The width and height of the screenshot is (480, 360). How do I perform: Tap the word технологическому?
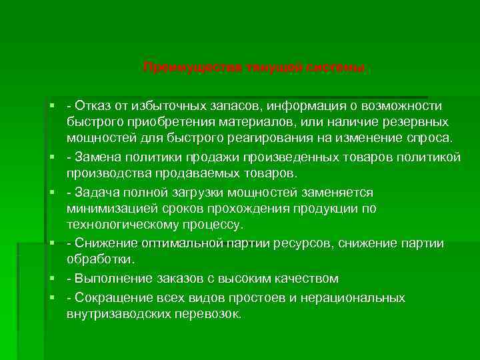tap(123, 225)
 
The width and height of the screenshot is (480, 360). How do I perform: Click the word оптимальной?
tap(173, 243)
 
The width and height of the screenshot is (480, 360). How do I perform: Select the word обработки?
tap(100, 259)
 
